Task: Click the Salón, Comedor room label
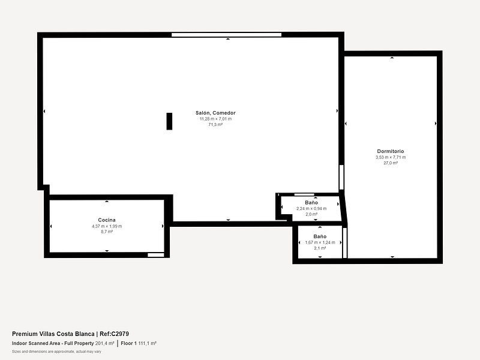215,113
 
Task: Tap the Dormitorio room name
391,151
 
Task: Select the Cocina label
107,220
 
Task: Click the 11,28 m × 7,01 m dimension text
215,119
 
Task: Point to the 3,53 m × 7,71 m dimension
391,157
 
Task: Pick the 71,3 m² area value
215,125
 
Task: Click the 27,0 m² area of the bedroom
391,163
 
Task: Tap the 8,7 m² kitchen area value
107,232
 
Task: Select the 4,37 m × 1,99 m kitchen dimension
107,226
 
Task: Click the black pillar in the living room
169,121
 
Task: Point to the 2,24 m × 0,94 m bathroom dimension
311,208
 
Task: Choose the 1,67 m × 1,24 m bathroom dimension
320,242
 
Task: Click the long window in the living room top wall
226,35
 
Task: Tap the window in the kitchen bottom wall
156,254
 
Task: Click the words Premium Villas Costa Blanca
53,334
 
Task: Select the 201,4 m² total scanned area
104,343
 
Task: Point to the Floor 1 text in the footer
128,343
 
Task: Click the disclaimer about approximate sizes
56,352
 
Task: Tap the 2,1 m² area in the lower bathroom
320,248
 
